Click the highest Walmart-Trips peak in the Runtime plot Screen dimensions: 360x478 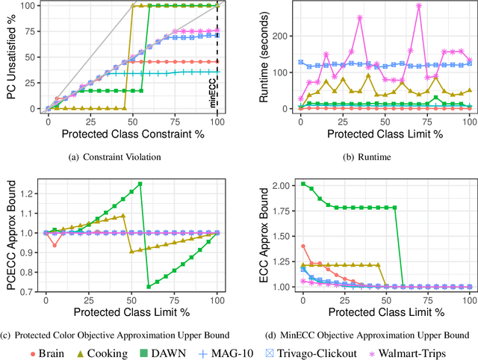pyautogui.click(x=419, y=6)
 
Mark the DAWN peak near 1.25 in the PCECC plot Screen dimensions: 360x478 pyautogui.click(x=140, y=184)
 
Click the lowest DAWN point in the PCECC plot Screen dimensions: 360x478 pyautogui.click(x=149, y=286)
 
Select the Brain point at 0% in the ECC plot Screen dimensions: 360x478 pyautogui.click(x=302, y=246)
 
